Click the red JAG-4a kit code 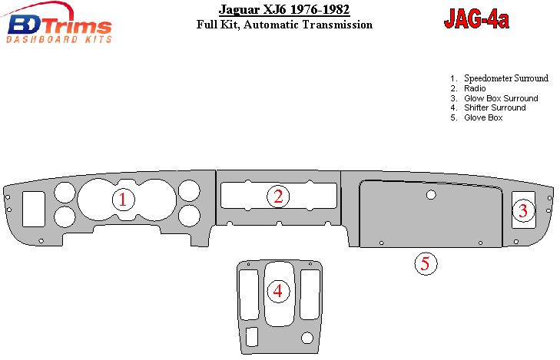(x=476, y=19)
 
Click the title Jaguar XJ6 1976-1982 (x=284, y=9)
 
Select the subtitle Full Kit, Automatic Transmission (x=284, y=25)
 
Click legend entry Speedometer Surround (x=505, y=78)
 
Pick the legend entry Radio (x=475, y=88)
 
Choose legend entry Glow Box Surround (x=501, y=98)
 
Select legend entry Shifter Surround (x=495, y=107)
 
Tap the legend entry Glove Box (x=483, y=117)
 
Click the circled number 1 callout (x=123, y=200)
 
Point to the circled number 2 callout (x=278, y=197)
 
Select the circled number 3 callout (x=523, y=210)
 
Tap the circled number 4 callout (x=278, y=291)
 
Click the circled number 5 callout (x=426, y=263)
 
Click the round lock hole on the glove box (x=431, y=195)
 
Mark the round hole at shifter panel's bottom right (x=307, y=338)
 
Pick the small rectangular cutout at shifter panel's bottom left (x=252, y=337)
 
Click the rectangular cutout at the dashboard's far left (x=34, y=209)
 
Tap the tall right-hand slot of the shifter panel (x=310, y=294)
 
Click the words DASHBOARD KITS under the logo (x=59, y=39)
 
